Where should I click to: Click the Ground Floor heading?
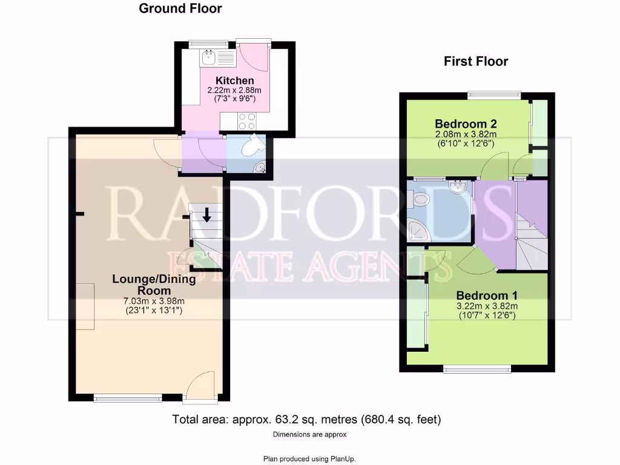tap(180, 8)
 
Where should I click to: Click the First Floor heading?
tap(476, 61)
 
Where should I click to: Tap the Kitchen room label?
tap(235, 81)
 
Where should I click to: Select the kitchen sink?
tap(209, 58)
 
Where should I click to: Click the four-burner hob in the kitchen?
tap(247, 121)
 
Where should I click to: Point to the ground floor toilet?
tap(251, 146)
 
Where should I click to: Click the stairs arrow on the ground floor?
tap(206, 215)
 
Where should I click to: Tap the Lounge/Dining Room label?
tap(154, 285)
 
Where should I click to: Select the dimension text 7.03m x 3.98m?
tap(154, 301)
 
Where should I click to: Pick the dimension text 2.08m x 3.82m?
tap(465, 135)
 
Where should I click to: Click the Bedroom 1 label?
tap(487, 295)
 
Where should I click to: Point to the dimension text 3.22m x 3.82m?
tap(487, 306)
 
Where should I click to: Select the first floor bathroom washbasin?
tap(457, 187)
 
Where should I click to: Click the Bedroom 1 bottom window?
tap(476, 368)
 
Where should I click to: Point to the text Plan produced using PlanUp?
tap(313, 459)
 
